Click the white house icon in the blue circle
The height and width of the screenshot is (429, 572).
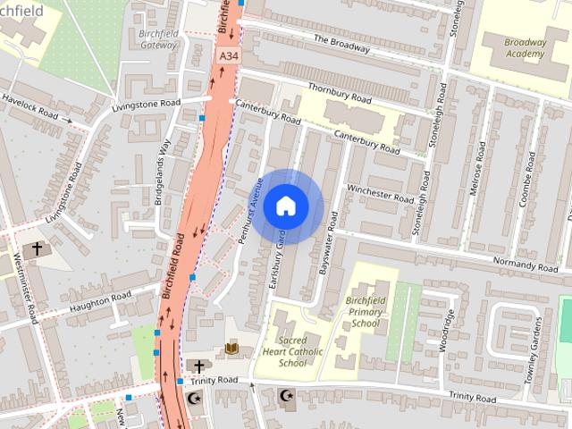(285, 206)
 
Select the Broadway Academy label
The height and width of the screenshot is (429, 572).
(524, 48)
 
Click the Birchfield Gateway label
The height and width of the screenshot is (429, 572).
(158, 38)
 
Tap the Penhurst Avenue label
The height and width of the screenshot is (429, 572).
(255, 200)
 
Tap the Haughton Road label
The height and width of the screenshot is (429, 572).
(99, 301)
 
